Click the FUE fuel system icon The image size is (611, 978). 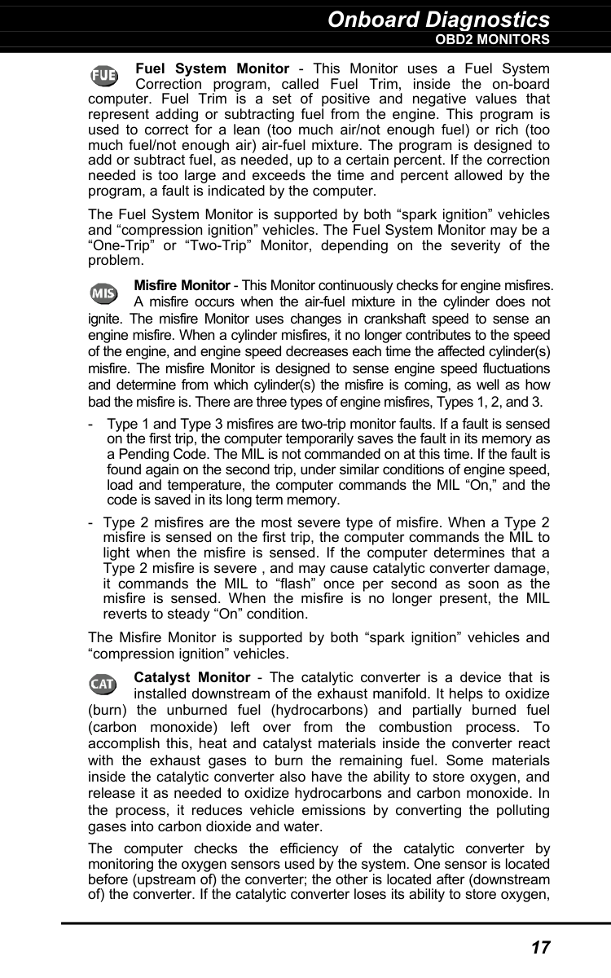(103, 76)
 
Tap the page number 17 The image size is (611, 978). (540, 948)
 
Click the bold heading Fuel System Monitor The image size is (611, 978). (212, 69)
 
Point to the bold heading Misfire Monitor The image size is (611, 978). (181, 286)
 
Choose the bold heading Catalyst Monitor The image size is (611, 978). (191, 678)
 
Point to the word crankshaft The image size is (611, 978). (380, 318)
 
